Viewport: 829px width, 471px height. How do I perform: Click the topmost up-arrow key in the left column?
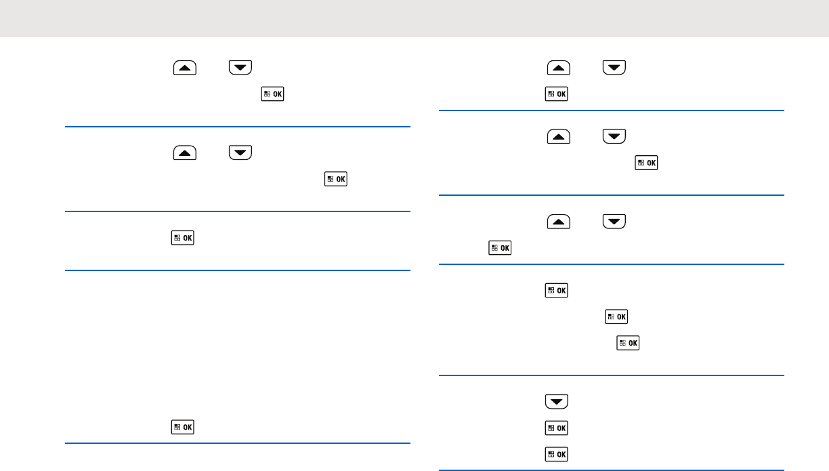point(185,67)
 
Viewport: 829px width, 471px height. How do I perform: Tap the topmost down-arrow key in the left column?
point(240,67)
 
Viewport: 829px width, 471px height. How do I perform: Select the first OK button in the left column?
point(272,94)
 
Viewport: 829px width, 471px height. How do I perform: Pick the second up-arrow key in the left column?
point(185,152)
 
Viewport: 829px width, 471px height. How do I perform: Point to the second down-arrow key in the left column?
point(240,152)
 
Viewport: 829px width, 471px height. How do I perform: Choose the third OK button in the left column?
point(182,238)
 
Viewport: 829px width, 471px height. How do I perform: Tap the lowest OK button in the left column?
point(182,427)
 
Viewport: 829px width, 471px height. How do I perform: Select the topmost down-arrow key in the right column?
point(614,67)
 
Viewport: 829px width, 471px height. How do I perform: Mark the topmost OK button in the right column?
point(556,94)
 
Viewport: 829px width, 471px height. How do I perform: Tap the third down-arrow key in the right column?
point(614,222)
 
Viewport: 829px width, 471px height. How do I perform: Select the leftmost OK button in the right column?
point(499,249)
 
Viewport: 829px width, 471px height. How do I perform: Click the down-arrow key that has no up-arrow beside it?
point(556,402)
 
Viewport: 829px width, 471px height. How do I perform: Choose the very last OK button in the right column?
point(556,453)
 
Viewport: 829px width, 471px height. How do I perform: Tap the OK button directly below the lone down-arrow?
point(556,428)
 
